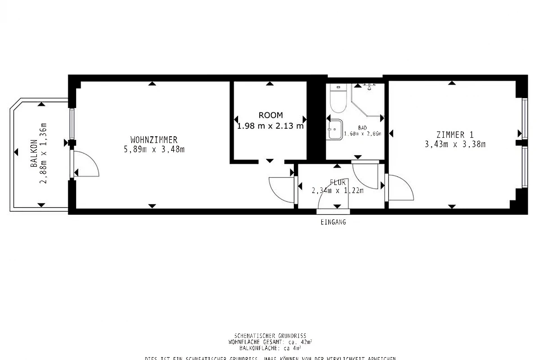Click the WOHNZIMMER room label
(x=154, y=139)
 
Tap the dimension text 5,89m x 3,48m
(x=154, y=149)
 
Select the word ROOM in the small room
(x=270, y=115)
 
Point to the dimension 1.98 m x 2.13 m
(x=270, y=126)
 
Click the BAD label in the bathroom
(x=362, y=128)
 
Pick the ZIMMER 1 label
(x=455, y=135)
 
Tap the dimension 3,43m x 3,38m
(x=455, y=144)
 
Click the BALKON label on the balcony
(x=34, y=158)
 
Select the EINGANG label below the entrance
(x=333, y=222)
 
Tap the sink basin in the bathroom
(x=335, y=129)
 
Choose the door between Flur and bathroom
(x=364, y=175)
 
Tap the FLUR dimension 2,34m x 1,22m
(x=337, y=190)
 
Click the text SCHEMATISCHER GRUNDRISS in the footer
(x=270, y=336)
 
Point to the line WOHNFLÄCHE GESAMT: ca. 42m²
(x=270, y=342)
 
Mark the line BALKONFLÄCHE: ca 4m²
(x=270, y=348)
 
